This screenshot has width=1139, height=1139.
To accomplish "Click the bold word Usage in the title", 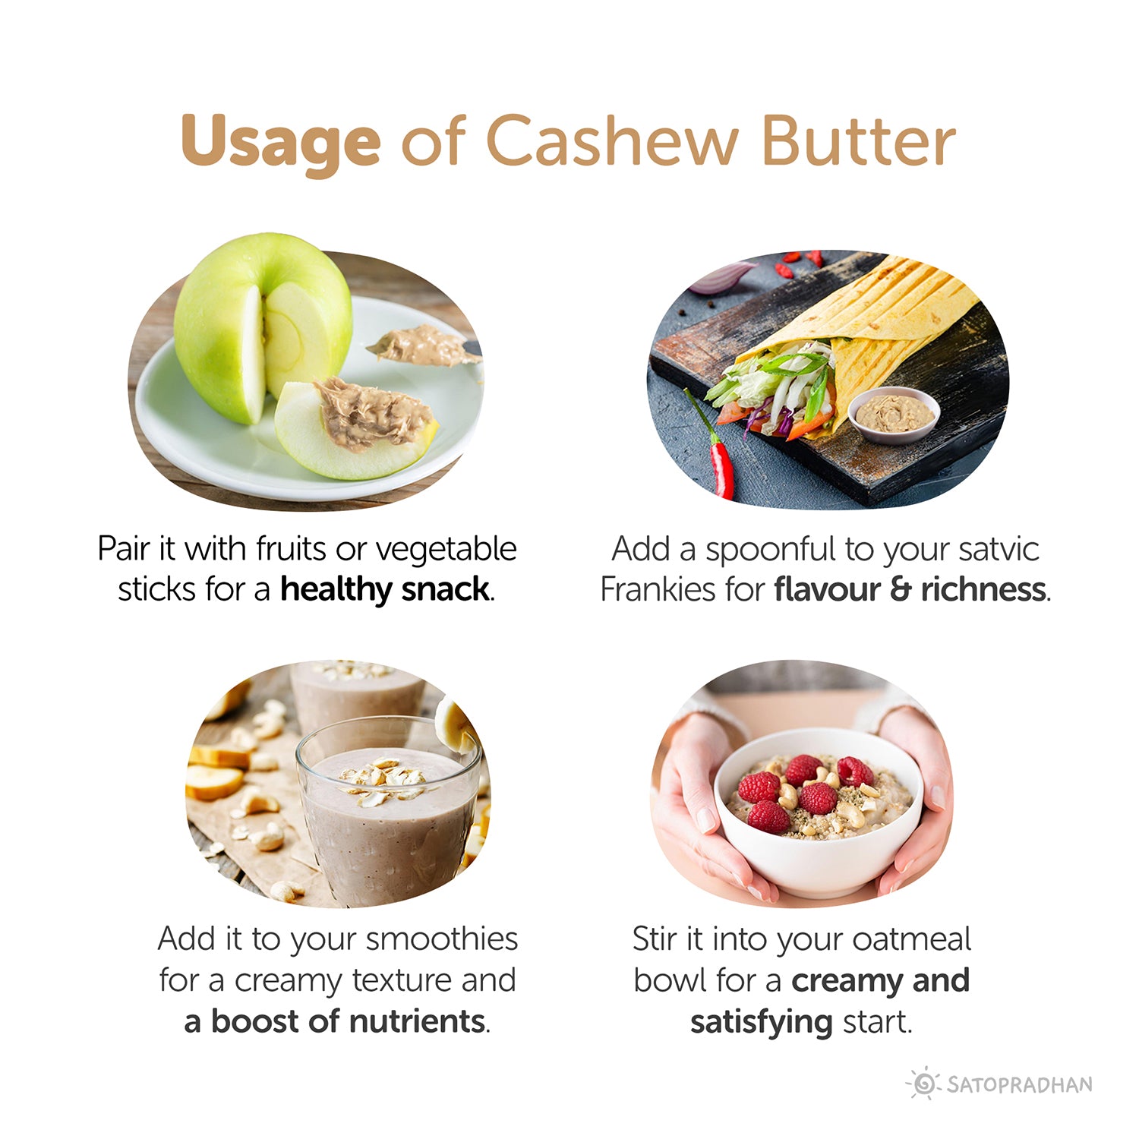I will (280, 142).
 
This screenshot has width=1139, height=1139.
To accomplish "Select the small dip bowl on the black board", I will (894, 414).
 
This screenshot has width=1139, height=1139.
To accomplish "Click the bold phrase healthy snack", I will (384, 590).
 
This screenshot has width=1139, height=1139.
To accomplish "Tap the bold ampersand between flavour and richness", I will (900, 590).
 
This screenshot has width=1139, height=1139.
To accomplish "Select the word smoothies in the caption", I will (442, 939).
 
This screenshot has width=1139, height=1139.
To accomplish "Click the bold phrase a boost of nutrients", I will (335, 1021).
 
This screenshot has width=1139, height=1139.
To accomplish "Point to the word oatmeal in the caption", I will (911, 939).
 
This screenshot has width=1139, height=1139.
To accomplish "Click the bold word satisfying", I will (761, 1022).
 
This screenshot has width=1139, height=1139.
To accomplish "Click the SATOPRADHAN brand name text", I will (1020, 1084).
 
